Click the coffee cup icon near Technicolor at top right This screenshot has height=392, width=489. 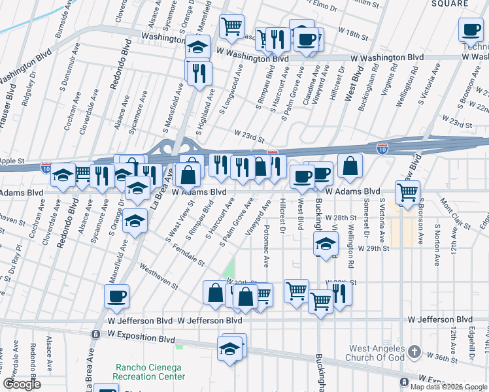coord(471,29)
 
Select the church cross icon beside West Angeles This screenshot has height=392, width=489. coord(413,353)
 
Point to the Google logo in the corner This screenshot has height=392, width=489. coord(22,384)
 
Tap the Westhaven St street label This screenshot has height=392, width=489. coord(159,277)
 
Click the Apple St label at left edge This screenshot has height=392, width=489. coord(12,160)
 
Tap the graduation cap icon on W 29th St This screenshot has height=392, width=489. coord(325,244)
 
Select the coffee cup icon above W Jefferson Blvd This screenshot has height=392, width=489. coord(117,296)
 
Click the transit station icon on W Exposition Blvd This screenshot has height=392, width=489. coord(95,334)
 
